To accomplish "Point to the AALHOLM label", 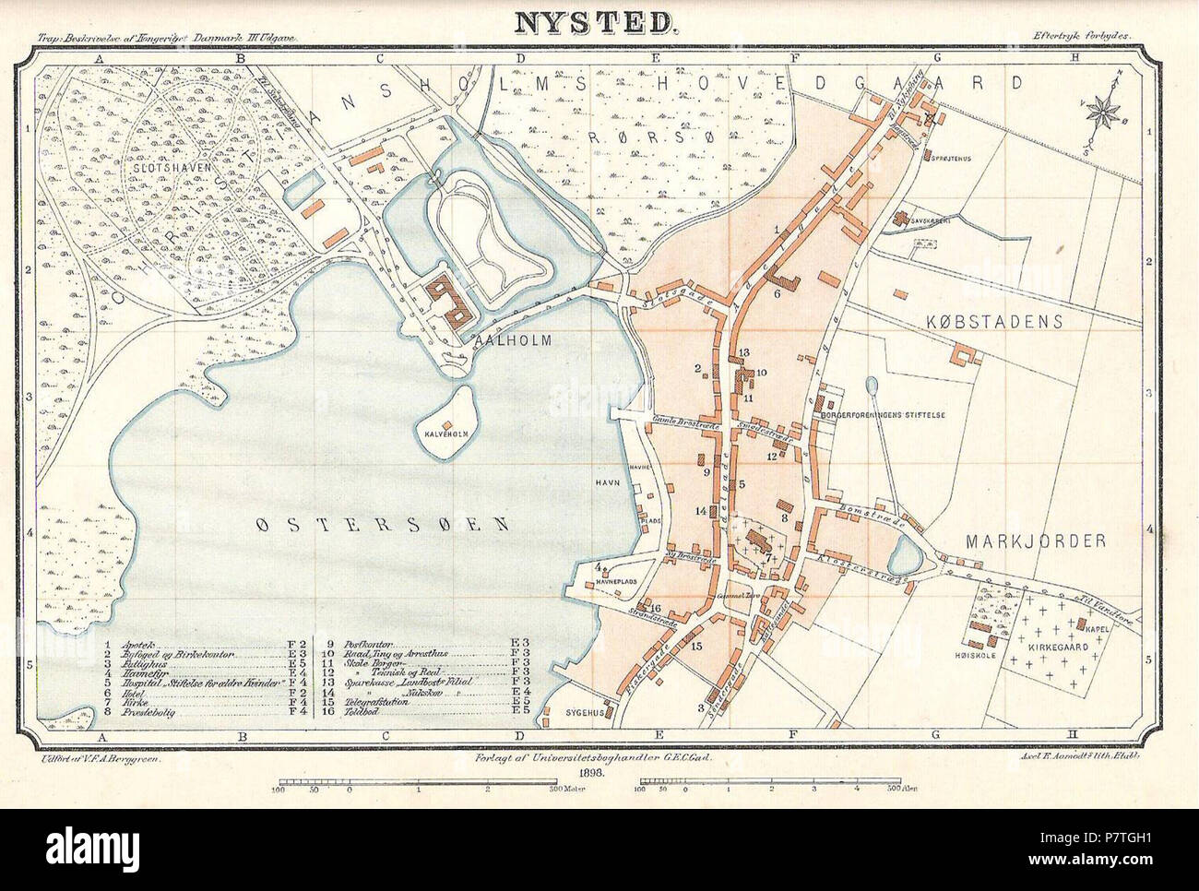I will (x=512, y=340).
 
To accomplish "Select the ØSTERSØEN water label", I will (x=382, y=525).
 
